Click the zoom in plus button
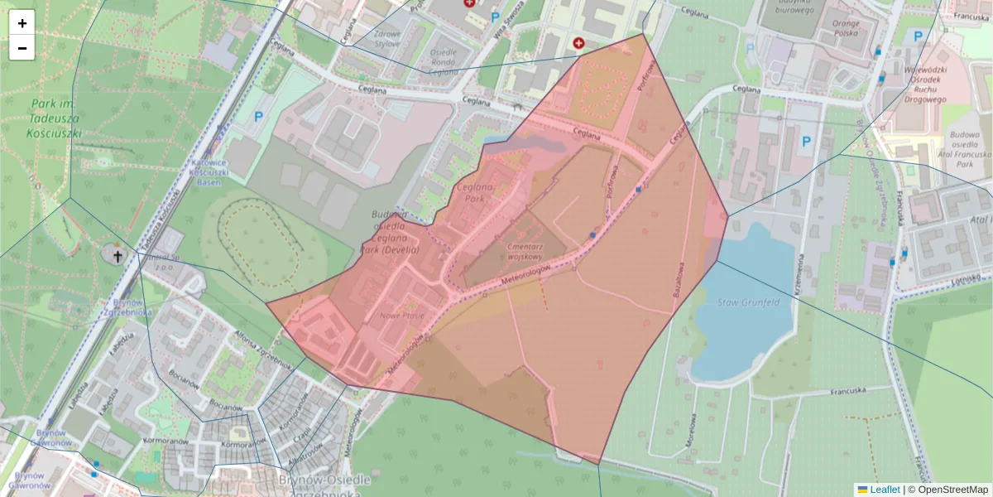pos(22,23)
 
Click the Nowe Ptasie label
pos(402,316)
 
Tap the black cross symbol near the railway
pos(118,256)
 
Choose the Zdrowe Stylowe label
pos(386,39)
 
